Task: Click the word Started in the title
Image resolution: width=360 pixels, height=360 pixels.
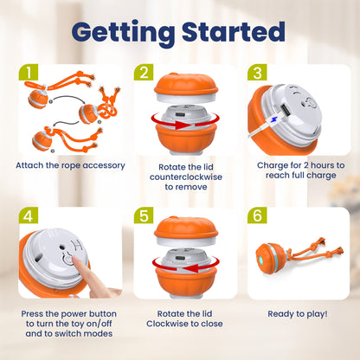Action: (234, 31)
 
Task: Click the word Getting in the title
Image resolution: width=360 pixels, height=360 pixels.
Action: (123, 34)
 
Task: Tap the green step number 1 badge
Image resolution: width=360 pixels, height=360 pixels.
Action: (29, 72)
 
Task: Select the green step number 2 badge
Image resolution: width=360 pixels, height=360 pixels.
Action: (144, 72)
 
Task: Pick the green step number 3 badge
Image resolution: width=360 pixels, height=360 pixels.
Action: (257, 72)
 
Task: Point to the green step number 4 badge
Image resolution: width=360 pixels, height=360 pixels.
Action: (29, 215)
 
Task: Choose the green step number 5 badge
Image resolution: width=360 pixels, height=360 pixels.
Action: (144, 215)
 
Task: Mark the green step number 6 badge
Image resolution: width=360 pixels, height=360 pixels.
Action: (257, 215)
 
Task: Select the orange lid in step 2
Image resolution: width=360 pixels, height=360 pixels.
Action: (186, 85)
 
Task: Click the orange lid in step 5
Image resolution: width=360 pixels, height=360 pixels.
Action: (186, 228)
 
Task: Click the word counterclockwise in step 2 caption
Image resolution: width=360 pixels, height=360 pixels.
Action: (186, 177)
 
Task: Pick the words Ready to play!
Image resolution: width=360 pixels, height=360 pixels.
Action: (298, 314)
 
